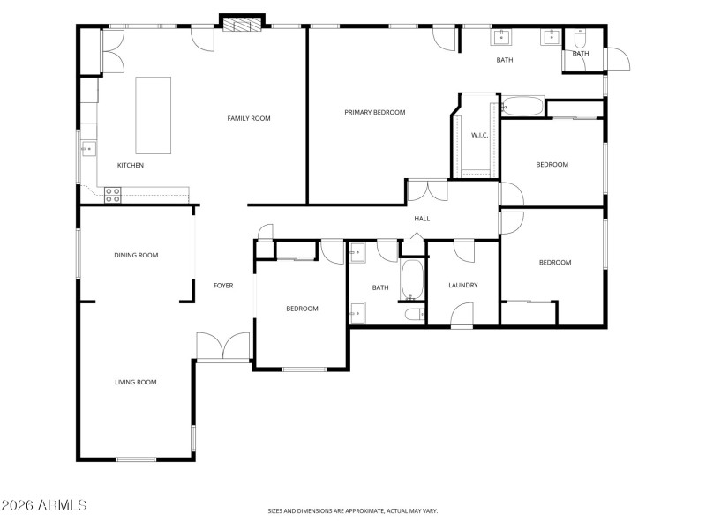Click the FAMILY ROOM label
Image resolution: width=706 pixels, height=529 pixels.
click(248, 118)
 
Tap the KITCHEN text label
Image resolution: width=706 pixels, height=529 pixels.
click(131, 166)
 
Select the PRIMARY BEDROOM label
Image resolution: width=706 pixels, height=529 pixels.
click(374, 113)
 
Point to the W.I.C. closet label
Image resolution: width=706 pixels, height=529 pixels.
click(480, 135)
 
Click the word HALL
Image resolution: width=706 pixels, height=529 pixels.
click(422, 219)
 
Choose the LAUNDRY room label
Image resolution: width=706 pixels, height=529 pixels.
click(462, 285)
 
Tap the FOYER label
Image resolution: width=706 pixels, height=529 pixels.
click(223, 286)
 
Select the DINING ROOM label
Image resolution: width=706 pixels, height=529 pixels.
click(136, 255)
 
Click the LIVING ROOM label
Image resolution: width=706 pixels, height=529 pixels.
click(135, 382)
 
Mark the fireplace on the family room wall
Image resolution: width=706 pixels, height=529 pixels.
click(242, 24)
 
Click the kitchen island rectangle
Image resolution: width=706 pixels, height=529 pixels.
click(153, 115)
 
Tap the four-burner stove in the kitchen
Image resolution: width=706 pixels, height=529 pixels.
click(113, 195)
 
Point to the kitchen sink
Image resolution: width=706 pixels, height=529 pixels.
click(88, 149)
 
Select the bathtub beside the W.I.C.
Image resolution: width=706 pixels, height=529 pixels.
click(522, 108)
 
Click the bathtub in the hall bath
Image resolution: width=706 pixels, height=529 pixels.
click(412, 279)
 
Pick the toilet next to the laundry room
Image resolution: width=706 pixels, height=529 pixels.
click(414, 314)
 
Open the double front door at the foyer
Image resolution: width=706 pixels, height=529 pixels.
click(223, 347)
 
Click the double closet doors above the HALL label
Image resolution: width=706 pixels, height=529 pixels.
click(426, 190)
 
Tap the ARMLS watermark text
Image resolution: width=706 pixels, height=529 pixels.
click(44, 506)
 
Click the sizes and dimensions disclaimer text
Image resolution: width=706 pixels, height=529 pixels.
click(353, 510)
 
